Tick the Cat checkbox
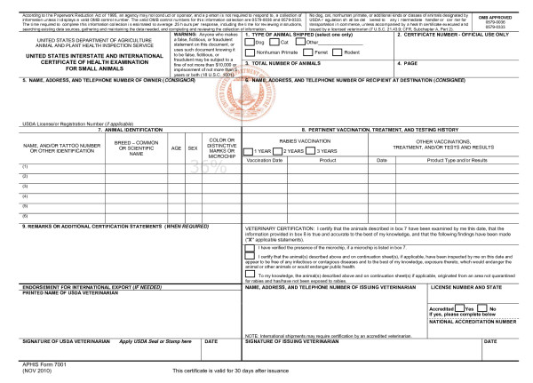point(274,41)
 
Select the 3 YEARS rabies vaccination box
point(311,151)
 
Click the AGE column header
point(177,148)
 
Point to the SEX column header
point(193,148)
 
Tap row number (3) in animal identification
point(12,188)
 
